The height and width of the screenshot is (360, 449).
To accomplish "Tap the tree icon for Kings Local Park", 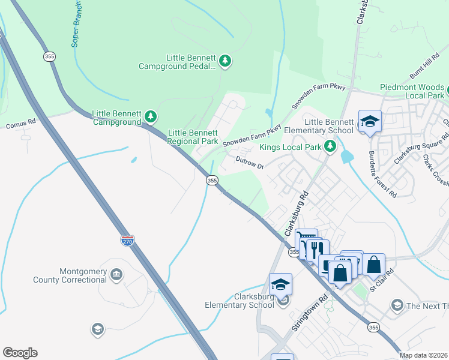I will [330, 146].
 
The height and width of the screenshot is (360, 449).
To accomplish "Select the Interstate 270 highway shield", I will [127, 241].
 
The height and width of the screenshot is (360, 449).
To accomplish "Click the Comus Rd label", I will [21, 126].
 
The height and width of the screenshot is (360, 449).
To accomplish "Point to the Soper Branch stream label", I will [76, 24].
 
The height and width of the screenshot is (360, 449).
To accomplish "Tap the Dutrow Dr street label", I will [250, 162].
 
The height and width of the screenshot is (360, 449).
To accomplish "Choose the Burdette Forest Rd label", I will [382, 174].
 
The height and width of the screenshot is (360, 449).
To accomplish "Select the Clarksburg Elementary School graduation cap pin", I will [280, 284].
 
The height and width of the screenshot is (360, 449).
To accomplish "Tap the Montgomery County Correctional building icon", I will [117, 275].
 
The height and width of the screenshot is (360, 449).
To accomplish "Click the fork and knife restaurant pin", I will [318, 248].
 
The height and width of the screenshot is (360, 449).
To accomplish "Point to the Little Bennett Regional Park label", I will [193, 137].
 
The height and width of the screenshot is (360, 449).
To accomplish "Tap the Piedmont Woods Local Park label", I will [412, 91].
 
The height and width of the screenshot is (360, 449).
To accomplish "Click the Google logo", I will [20, 353].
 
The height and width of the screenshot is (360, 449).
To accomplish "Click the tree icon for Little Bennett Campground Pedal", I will [225, 61].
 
